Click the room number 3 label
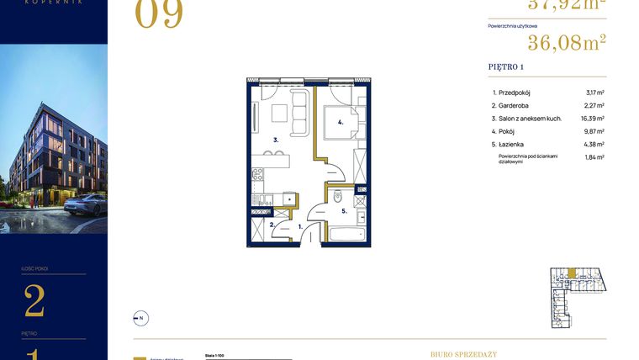[275, 140]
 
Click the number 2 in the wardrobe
[272, 225]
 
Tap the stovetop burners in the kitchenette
[258, 176]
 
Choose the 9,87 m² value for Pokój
[594, 131]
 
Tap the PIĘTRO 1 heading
[506, 66]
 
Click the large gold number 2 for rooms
[34, 301]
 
